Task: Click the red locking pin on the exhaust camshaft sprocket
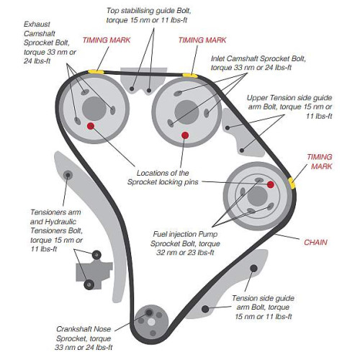pos(91,126)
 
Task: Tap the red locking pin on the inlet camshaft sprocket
pos(185,135)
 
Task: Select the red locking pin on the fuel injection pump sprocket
pos(271,184)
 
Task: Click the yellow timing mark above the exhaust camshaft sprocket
pos(96,71)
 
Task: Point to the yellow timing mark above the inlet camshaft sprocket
pos(190,76)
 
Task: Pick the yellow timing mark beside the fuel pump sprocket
pos(292,183)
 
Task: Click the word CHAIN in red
pos(315,243)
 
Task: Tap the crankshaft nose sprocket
pos(151,322)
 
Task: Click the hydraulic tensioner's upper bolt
pos(96,255)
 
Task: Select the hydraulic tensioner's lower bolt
pos(89,284)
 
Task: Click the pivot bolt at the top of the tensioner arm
pos(68,175)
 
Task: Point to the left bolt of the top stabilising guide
pos(132,89)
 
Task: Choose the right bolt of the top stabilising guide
pos(149,91)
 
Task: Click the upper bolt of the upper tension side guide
pos(228,127)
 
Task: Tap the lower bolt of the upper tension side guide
pos(242,150)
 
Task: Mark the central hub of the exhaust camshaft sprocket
pos(94,109)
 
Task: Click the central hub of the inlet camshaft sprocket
pos(186,112)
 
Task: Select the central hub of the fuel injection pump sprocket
pos(257,197)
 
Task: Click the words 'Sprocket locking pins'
pos(163,182)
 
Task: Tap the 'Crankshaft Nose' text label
pos(84,329)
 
